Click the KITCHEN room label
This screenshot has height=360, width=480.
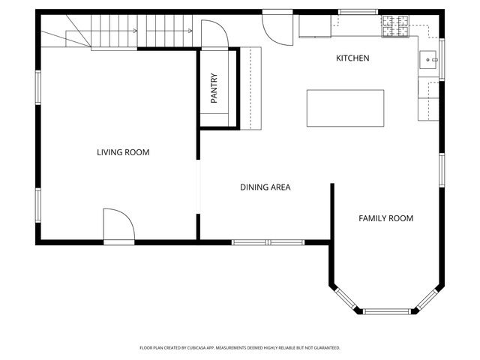[x=352, y=58]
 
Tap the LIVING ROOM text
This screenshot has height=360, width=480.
[x=123, y=152]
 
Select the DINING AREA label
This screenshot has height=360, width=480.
[x=265, y=187]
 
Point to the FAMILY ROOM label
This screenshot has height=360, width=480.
[x=385, y=218]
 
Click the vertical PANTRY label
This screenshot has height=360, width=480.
[x=214, y=88]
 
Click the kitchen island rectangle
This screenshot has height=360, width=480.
[x=345, y=108]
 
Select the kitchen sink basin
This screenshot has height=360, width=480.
[x=430, y=58]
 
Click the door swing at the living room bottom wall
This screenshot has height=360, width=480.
[x=118, y=225]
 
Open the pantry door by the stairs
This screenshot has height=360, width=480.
[x=213, y=33]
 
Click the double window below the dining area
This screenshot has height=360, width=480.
[x=268, y=242]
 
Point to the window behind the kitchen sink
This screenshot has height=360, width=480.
[x=442, y=58]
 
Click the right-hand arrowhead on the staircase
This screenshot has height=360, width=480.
[x=184, y=31]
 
